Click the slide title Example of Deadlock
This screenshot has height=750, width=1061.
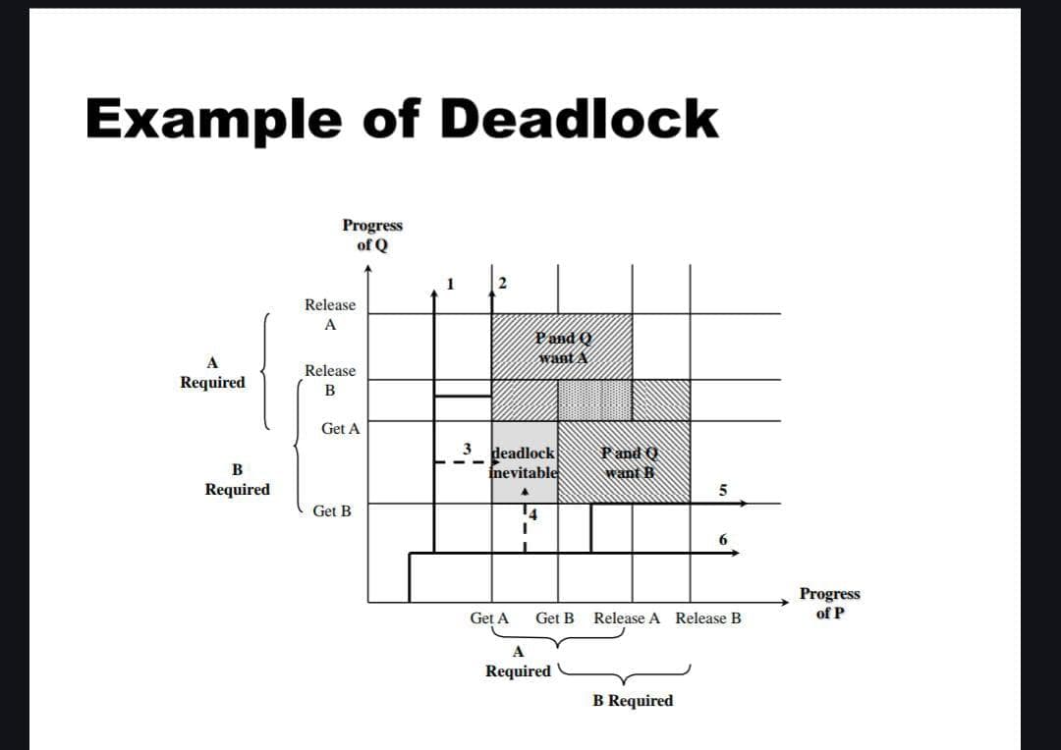click(401, 120)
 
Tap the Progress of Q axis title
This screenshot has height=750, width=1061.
click(371, 235)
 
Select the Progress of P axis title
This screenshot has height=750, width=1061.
click(829, 604)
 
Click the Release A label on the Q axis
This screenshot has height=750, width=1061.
click(330, 314)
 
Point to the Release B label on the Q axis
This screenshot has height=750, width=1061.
click(330, 380)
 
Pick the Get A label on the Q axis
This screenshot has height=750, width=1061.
click(340, 429)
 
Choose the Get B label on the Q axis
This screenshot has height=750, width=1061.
click(331, 510)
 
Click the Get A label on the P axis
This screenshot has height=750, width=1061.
click(489, 618)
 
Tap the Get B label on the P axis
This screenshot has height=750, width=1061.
click(555, 618)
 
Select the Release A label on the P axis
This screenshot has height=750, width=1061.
click(627, 618)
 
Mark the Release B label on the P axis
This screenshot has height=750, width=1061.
click(708, 618)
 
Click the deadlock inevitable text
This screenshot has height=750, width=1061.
click(524, 462)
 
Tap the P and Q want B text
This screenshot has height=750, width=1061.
click(629, 462)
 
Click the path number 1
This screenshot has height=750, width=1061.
click(449, 284)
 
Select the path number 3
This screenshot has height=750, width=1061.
click(469, 449)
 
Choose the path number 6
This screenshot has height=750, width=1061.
click(723, 540)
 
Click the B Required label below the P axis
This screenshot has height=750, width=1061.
click(634, 701)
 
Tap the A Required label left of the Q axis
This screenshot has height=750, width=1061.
click(212, 373)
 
